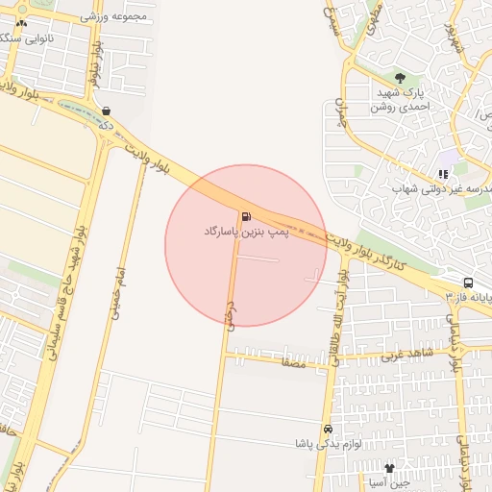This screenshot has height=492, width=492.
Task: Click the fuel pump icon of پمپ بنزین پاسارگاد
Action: point(247,216)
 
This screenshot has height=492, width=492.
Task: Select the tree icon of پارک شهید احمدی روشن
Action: point(399,78)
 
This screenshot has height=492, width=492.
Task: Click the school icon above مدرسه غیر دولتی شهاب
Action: point(443,174)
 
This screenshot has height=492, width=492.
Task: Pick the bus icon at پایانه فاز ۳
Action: point(468,283)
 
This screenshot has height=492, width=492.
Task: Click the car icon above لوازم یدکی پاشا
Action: point(328,429)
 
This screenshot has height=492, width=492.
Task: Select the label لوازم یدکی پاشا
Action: point(327,445)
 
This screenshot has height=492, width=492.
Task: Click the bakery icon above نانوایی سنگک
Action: point(22,21)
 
